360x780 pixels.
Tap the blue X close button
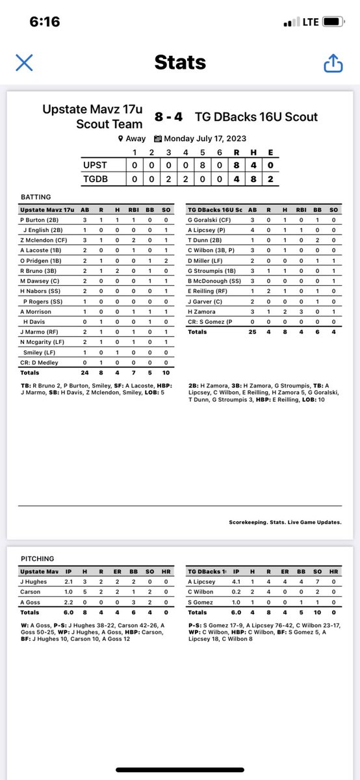pos(24,62)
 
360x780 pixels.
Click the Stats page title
pos(180,62)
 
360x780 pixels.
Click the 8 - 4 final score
pos(169,117)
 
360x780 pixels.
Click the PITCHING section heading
pos(37,558)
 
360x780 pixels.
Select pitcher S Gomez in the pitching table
pos(201,603)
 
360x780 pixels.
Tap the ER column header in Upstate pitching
pos(118,571)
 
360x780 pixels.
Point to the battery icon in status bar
pos(332,21)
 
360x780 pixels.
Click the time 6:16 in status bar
pos(45,21)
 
